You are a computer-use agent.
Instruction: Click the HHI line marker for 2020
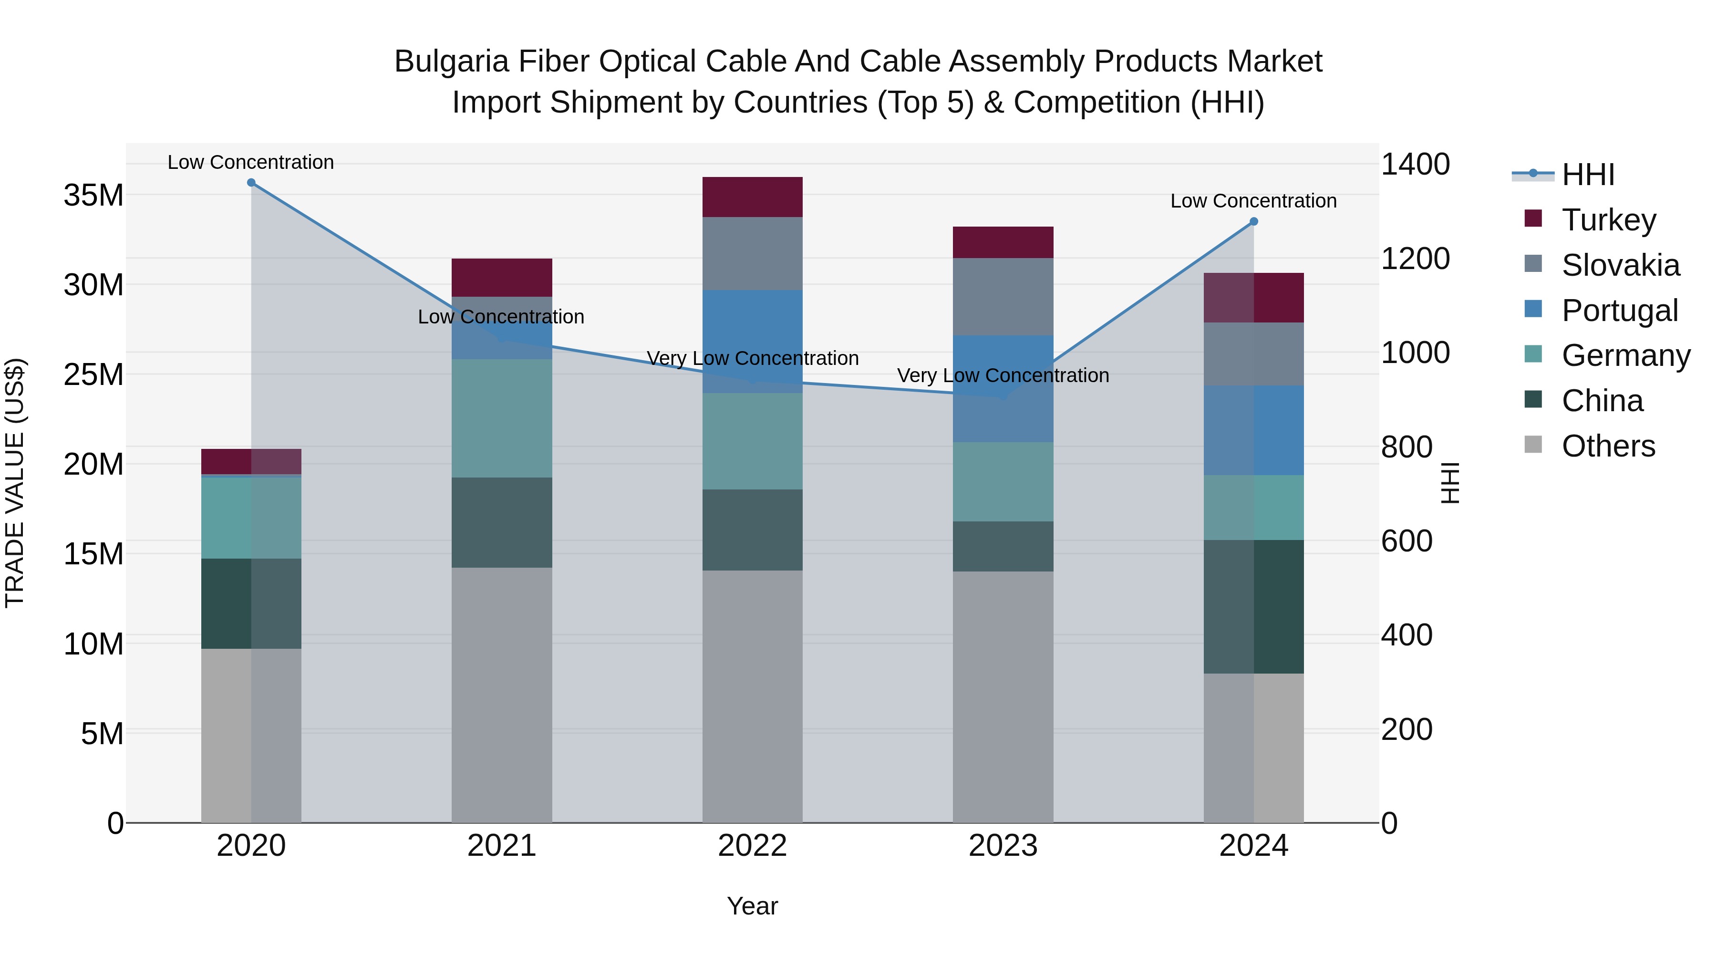[x=251, y=183]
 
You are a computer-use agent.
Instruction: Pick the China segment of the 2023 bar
[x=1003, y=546]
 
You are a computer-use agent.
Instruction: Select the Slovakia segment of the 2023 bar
[x=1003, y=297]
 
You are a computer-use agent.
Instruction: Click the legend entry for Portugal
[x=1620, y=311]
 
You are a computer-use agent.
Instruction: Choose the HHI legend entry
[x=1588, y=175]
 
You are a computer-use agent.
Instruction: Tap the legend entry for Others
[x=1608, y=446]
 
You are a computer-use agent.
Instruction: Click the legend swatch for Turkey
[x=1533, y=218]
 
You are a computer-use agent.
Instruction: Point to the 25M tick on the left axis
[x=93, y=374]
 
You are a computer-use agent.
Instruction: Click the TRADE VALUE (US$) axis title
[x=15, y=483]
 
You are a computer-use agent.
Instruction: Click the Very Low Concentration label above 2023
[x=1003, y=375]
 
